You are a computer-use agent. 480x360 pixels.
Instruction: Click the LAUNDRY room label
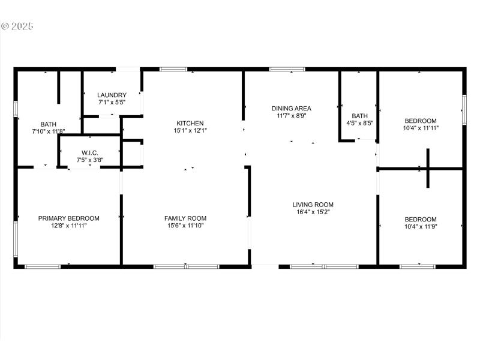(112, 95)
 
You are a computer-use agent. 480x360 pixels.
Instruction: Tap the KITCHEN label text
(190, 123)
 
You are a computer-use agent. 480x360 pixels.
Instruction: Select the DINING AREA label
(291, 109)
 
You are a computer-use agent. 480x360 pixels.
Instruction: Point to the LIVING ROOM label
(313, 205)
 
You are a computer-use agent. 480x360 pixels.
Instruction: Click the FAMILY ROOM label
(185, 218)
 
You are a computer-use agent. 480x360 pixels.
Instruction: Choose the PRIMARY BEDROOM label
(69, 218)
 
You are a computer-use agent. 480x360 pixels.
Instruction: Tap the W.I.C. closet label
(90, 153)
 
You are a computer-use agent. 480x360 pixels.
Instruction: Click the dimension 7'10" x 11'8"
(48, 131)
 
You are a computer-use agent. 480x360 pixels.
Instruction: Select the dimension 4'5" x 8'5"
(359, 123)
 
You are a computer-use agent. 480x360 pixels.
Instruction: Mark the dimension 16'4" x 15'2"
(313, 212)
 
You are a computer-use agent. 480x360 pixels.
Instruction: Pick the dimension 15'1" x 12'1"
(190, 130)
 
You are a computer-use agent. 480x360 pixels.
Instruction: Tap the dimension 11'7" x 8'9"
(291, 116)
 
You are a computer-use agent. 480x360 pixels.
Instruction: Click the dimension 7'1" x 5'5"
(112, 103)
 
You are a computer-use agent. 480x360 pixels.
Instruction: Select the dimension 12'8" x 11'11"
(69, 226)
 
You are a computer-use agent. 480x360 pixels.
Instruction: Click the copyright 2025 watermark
(18, 26)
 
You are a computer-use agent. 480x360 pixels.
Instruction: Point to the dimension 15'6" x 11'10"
(185, 226)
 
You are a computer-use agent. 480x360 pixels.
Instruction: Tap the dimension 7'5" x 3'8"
(90, 160)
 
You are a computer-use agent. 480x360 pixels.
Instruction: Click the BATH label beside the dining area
(359, 116)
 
